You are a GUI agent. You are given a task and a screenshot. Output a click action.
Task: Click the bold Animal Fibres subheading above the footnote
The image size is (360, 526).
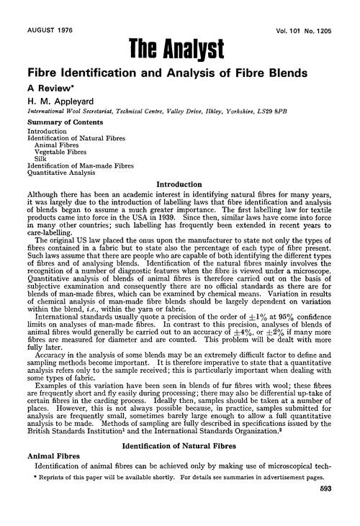pyautogui.click(x=56, y=473)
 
